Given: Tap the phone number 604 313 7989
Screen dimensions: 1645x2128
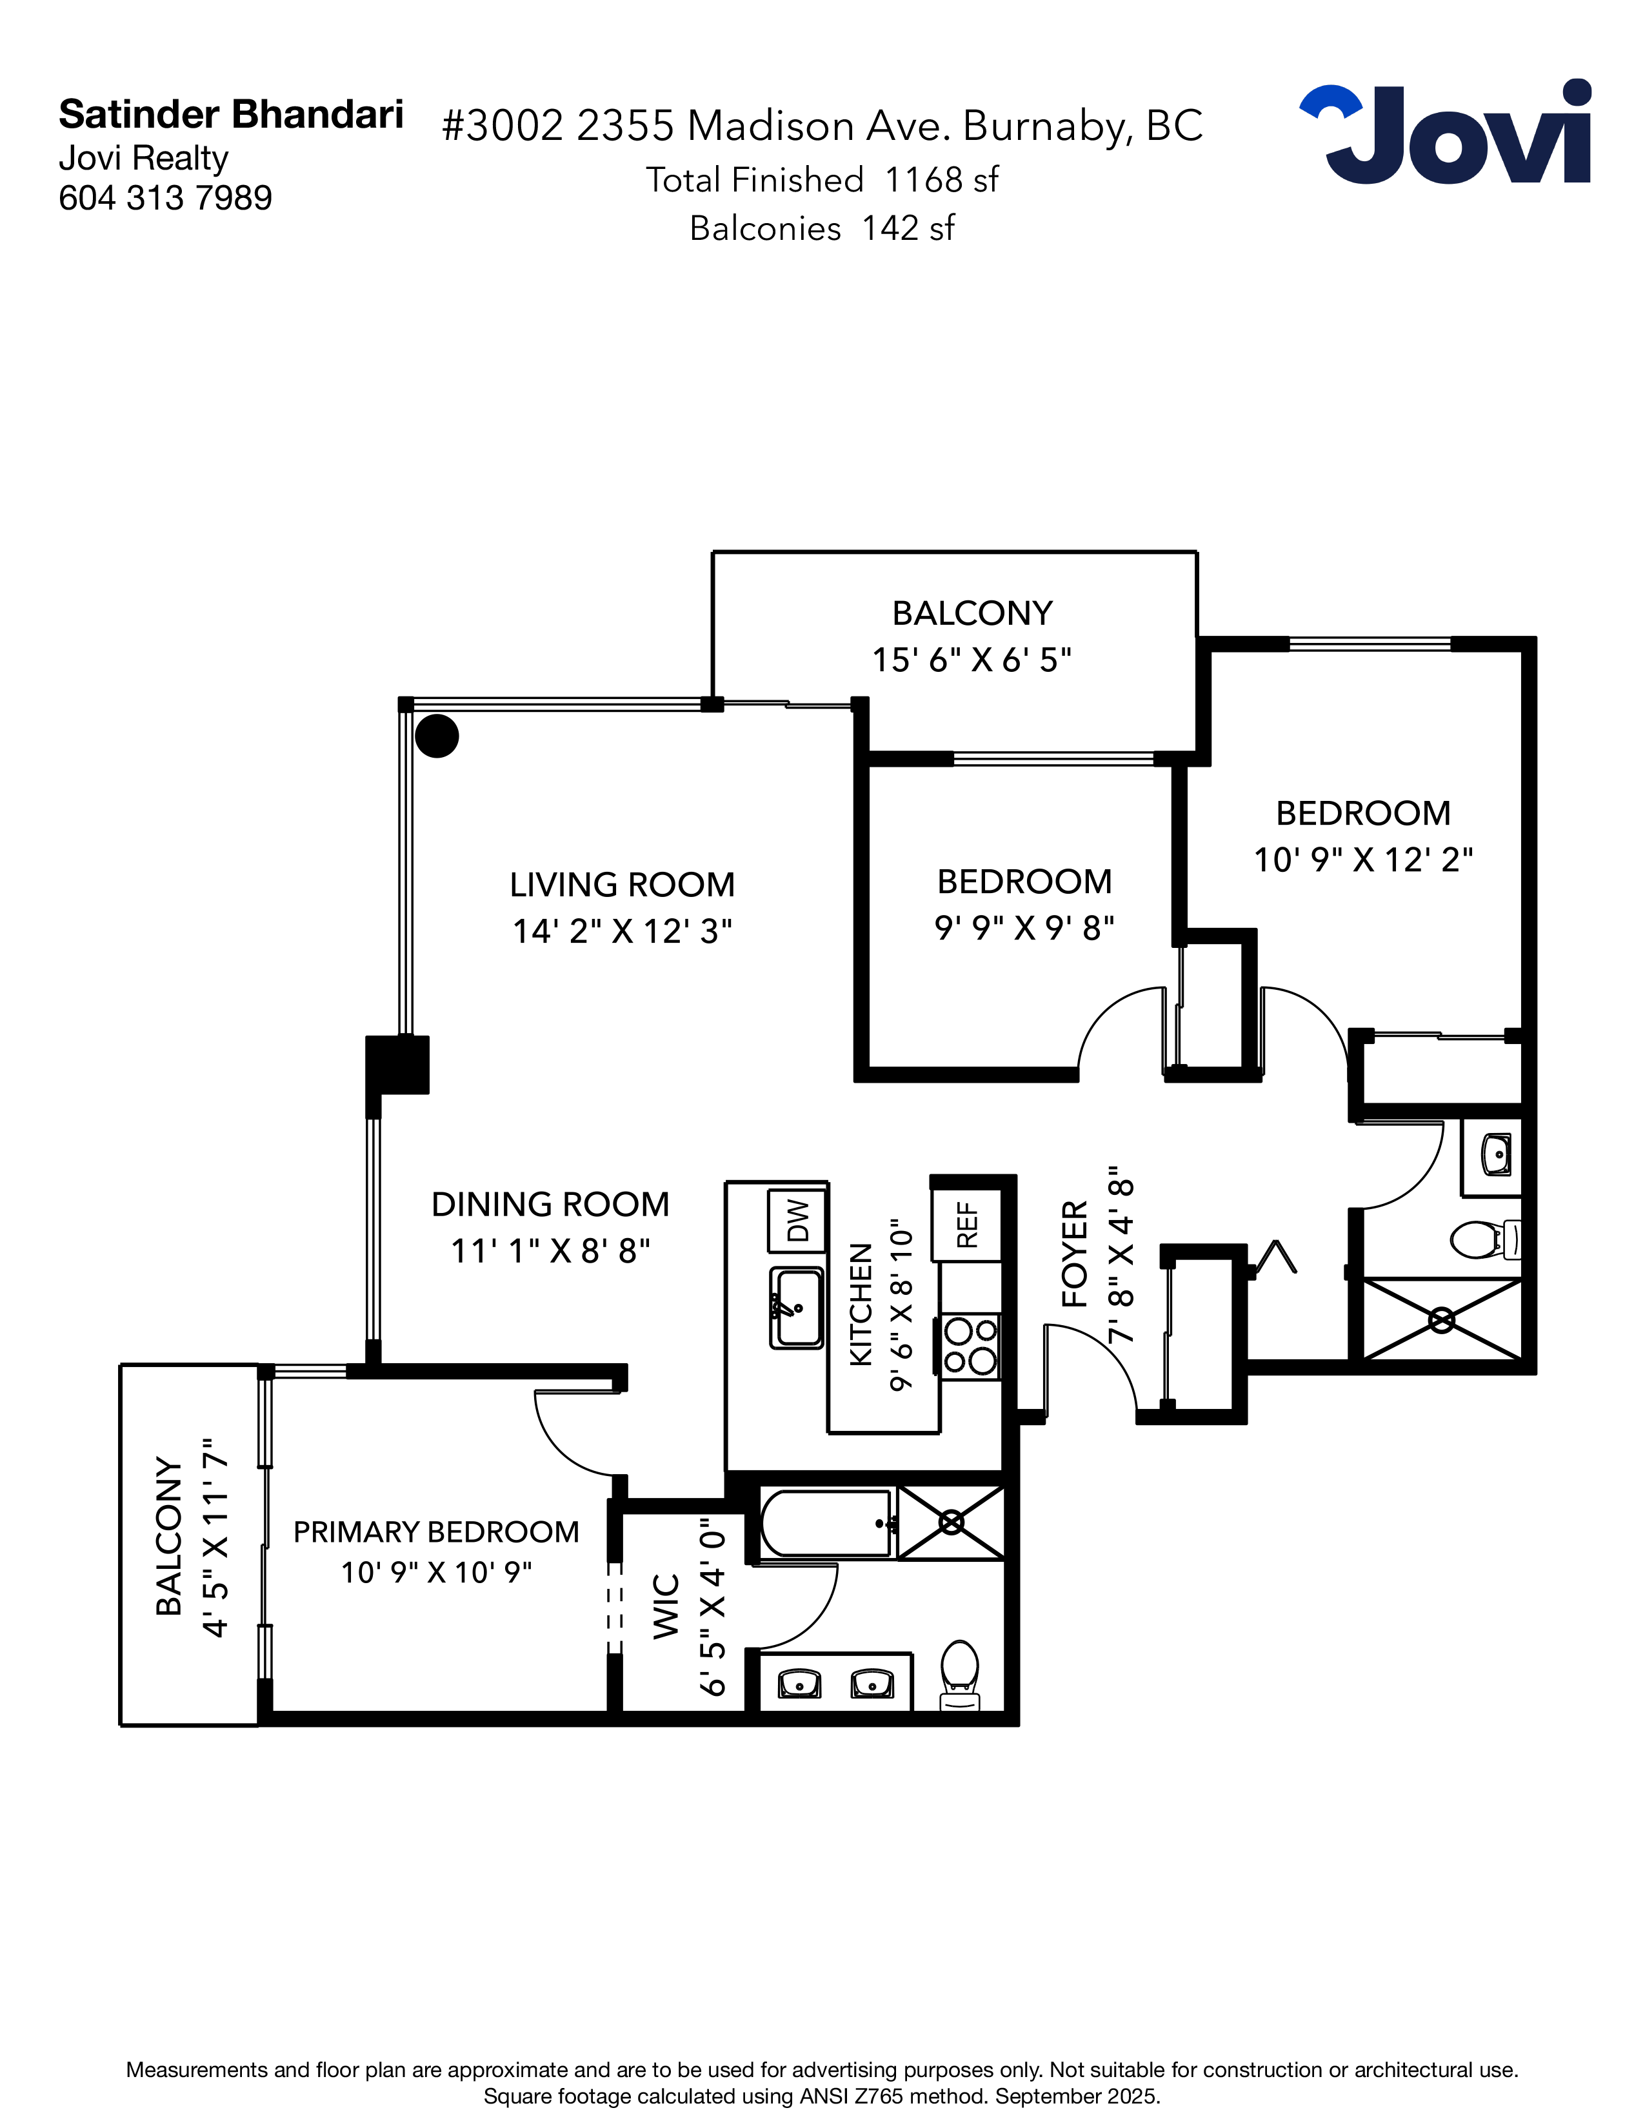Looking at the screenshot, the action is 166,198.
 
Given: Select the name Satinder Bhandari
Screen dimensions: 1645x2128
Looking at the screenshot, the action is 231,115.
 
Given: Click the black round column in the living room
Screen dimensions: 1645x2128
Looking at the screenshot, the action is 437,736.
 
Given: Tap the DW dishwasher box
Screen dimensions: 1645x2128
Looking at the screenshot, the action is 797,1220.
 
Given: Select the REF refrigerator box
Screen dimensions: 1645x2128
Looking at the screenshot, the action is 967,1225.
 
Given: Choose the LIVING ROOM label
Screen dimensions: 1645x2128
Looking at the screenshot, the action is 623,885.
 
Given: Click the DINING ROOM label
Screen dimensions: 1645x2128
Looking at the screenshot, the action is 551,1205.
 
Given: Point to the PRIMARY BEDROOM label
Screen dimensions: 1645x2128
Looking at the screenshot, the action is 437,1532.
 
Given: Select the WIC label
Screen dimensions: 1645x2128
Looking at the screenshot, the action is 666,1606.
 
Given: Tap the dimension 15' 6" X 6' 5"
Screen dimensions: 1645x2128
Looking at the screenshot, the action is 972,660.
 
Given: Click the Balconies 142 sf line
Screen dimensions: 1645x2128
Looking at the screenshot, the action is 821,228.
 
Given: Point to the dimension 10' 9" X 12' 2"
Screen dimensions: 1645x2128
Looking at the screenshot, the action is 1363,860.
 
